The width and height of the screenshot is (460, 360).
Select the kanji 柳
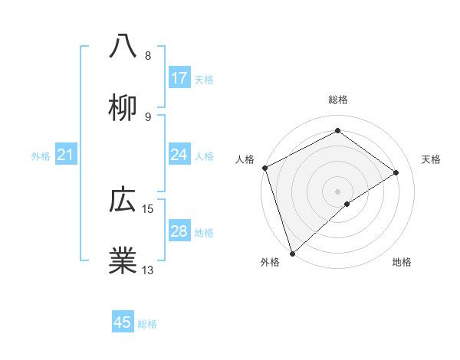coord(123,108)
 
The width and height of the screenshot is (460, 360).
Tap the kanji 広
coord(123,200)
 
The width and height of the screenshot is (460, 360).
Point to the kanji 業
coord(123,261)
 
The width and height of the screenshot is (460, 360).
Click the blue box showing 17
coord(179,78)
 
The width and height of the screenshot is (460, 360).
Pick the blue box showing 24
coord(179,155)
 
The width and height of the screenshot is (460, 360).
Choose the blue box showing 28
coord(179,231)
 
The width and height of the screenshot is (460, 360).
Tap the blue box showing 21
coord(66,155)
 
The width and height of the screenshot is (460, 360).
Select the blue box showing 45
coord(123,322)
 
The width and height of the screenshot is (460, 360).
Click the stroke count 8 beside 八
coord(148,56)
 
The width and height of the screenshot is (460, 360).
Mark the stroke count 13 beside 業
coord(148,270)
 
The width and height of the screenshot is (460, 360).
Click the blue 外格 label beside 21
coord(41,156)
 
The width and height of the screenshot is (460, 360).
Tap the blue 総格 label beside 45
coord(147,324)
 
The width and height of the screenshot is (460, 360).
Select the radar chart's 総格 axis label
coord(337,100)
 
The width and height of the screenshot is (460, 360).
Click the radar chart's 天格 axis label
coord(432,159)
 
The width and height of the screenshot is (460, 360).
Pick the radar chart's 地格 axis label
coord(402,263)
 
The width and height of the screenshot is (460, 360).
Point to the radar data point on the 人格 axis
coord(264,168)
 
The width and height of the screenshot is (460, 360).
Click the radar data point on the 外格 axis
coord(292,253)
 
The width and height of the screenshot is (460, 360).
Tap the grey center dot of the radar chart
coord(337,191)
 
